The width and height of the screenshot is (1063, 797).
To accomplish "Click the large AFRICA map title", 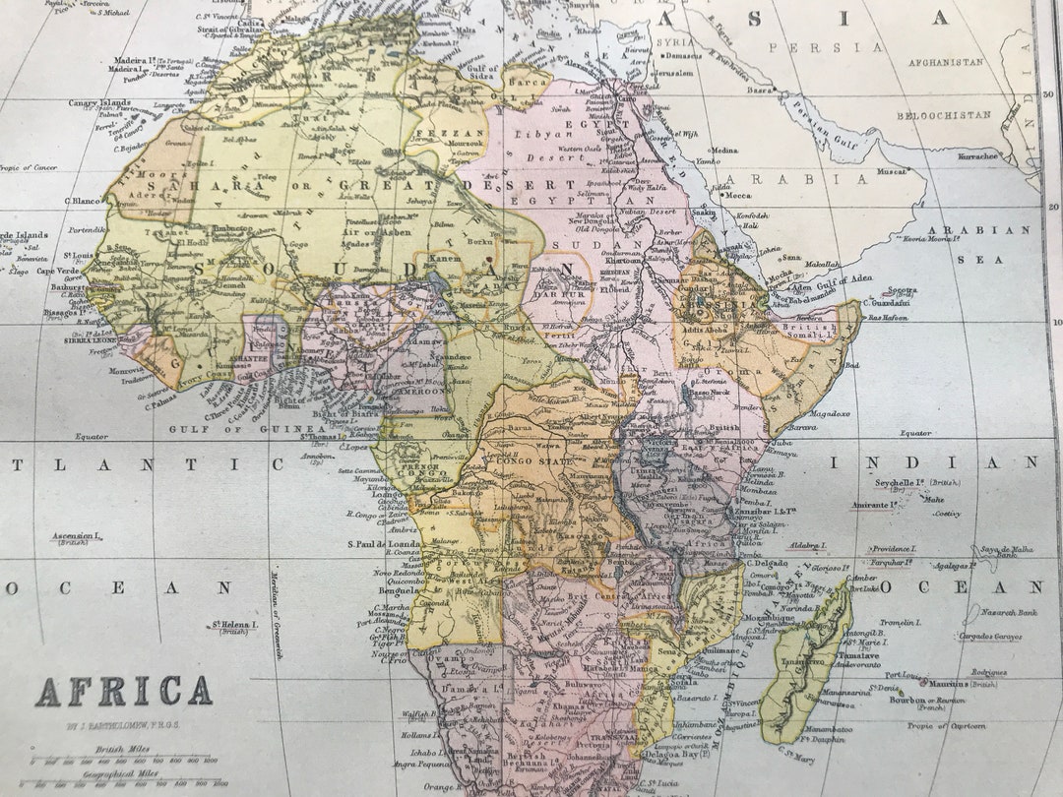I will tap(124, 692).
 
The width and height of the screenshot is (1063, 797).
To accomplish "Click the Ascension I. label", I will tap(77, 537).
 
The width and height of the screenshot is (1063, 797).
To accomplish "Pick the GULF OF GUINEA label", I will tap(228, 429).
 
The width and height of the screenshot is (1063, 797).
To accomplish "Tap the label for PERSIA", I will tap(826, 47).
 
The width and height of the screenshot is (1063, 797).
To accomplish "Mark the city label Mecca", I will tap(737, 195).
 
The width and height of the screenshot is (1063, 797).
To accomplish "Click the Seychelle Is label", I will tap(903, 483).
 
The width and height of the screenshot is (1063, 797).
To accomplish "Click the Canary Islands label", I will tap(99, 102).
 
